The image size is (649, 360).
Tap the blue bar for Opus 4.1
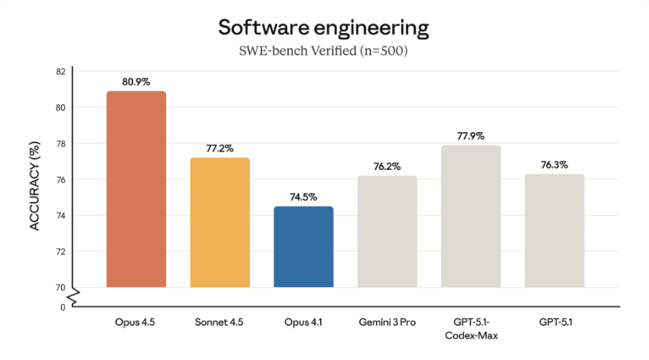(304, 247)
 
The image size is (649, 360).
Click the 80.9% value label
(135, 81)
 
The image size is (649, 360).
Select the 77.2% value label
(220, 148)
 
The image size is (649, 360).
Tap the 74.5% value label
(304, 197)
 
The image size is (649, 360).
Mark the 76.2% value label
(388, 166)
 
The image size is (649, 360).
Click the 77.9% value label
(471, 135)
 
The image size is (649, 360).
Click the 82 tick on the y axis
(60, 72)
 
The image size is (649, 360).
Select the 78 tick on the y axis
(60, 144)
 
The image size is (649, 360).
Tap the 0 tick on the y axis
(63, 307)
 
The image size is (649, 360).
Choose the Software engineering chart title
(323, 28)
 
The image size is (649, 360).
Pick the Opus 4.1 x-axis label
(304, 322)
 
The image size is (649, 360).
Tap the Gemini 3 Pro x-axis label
(388, 322)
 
